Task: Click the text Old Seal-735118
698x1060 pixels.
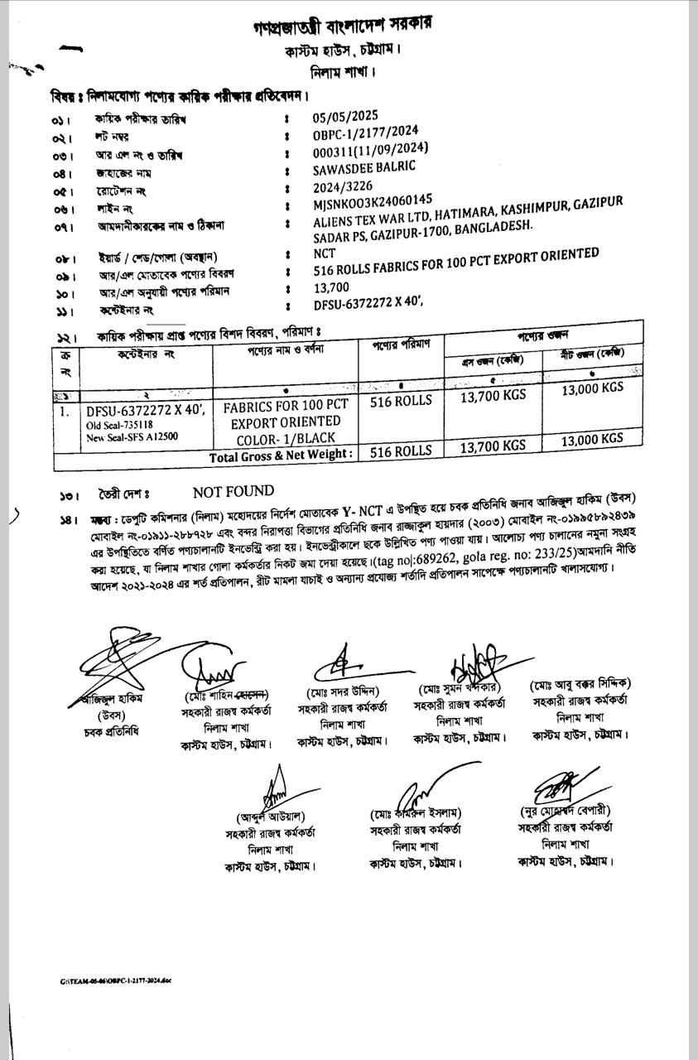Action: point(119,425)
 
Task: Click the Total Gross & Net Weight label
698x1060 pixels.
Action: point(281,455)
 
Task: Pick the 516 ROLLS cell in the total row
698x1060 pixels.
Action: point(402,451)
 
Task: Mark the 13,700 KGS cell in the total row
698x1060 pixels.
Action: point(493,446)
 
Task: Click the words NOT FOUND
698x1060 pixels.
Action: point(233,492)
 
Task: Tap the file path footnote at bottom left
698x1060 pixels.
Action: point(115,981)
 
